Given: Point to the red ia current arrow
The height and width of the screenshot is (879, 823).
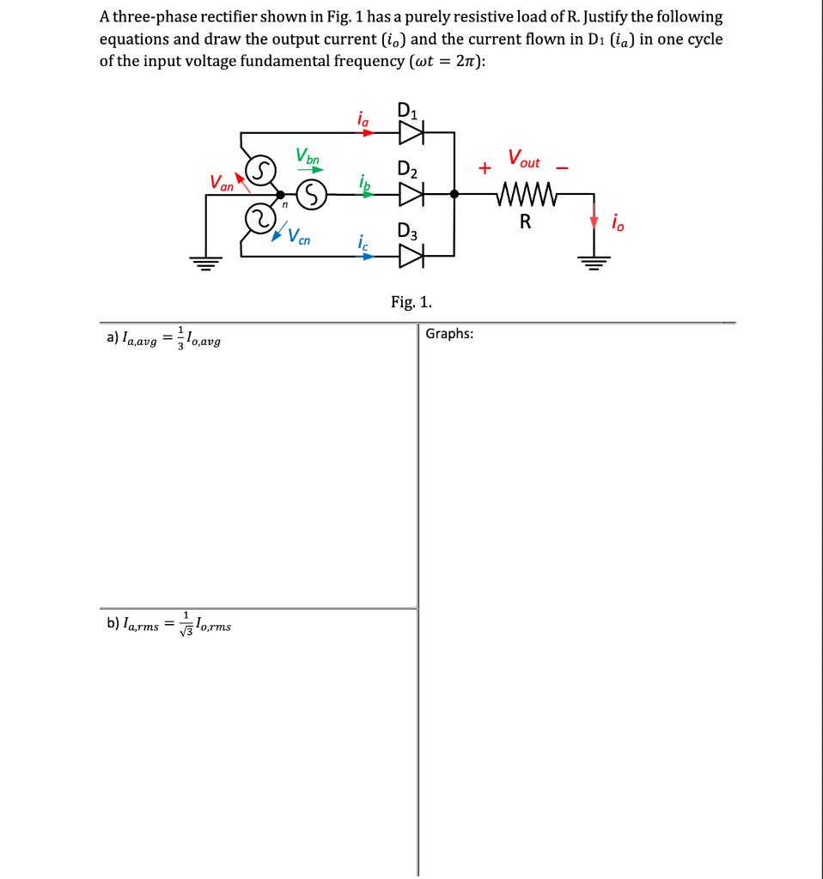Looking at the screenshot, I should (363, 133).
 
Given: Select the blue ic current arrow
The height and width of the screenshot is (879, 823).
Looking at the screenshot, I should (363, 255).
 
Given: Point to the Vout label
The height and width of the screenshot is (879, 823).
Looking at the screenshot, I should (524, 159).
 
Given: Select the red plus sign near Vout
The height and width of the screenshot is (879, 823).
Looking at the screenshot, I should (486, 168).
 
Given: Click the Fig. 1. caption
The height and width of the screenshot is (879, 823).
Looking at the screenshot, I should (411, 301).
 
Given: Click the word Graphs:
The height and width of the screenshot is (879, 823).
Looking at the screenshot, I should (448, 334).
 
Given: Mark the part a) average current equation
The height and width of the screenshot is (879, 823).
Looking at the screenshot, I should (162, 337).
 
